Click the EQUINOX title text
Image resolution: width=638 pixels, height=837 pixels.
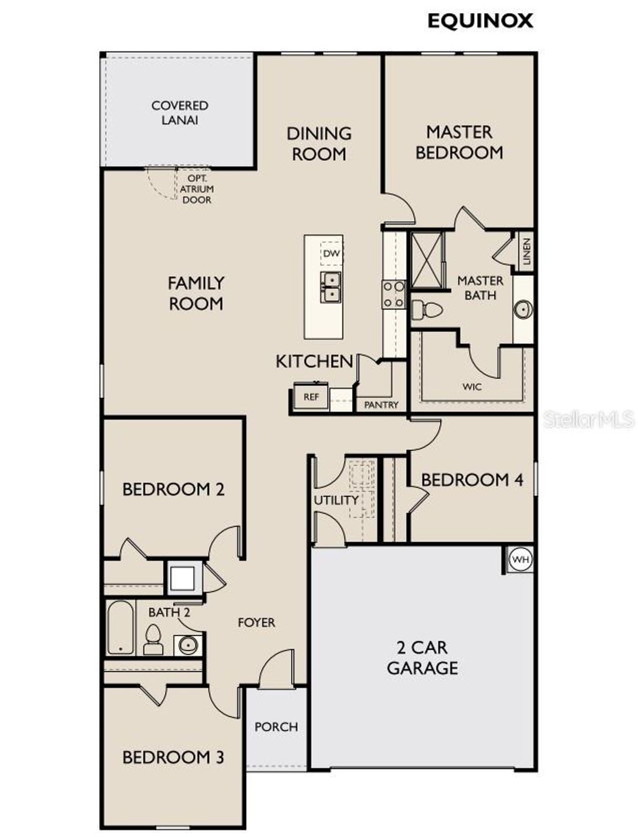pos(480,21)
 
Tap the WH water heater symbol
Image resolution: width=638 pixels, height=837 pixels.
pos(520,559)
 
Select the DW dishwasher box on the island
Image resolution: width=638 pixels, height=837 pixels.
pos(331,254)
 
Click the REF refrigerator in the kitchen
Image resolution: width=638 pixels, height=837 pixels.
pos(311,397)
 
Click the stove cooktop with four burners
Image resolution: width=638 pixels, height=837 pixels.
pos(394,294)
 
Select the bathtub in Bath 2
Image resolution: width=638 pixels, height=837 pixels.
pos(120,627)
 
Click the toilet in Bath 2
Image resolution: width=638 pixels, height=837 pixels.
pos(153,639)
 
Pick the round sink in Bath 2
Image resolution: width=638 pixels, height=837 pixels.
pos(188,644)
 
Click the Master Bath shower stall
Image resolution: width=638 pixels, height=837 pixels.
pos(427,261)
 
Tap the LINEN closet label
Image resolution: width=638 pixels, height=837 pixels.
pos(526,251)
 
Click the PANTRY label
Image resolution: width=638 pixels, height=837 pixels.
pos(381,405)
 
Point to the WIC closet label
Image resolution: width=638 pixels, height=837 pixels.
pos(472,387)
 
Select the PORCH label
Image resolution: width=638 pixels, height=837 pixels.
pos(276,727)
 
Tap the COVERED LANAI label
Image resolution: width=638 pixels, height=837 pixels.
pos(179,112)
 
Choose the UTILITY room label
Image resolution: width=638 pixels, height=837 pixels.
pos(336,500)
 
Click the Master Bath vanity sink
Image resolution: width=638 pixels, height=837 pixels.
pos(523,309)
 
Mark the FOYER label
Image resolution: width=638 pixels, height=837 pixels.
pos(256,622)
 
